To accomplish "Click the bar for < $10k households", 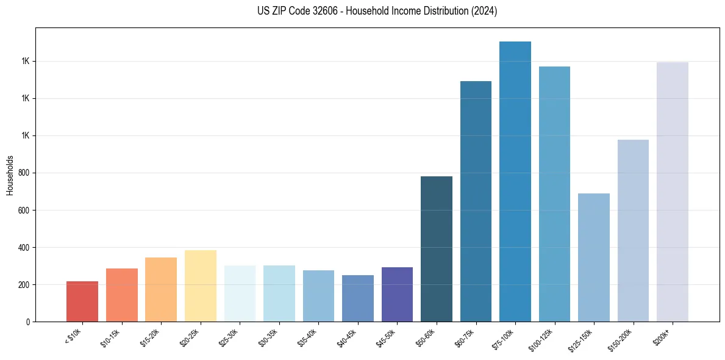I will [x=82, y=301].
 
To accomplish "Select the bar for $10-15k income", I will [x=121, y=295].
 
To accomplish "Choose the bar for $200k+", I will [x=673, y=192].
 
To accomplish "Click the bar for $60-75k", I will [x=476, y=201].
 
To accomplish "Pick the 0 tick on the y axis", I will [x=28, y=322].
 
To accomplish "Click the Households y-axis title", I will [x=10, y=175].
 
